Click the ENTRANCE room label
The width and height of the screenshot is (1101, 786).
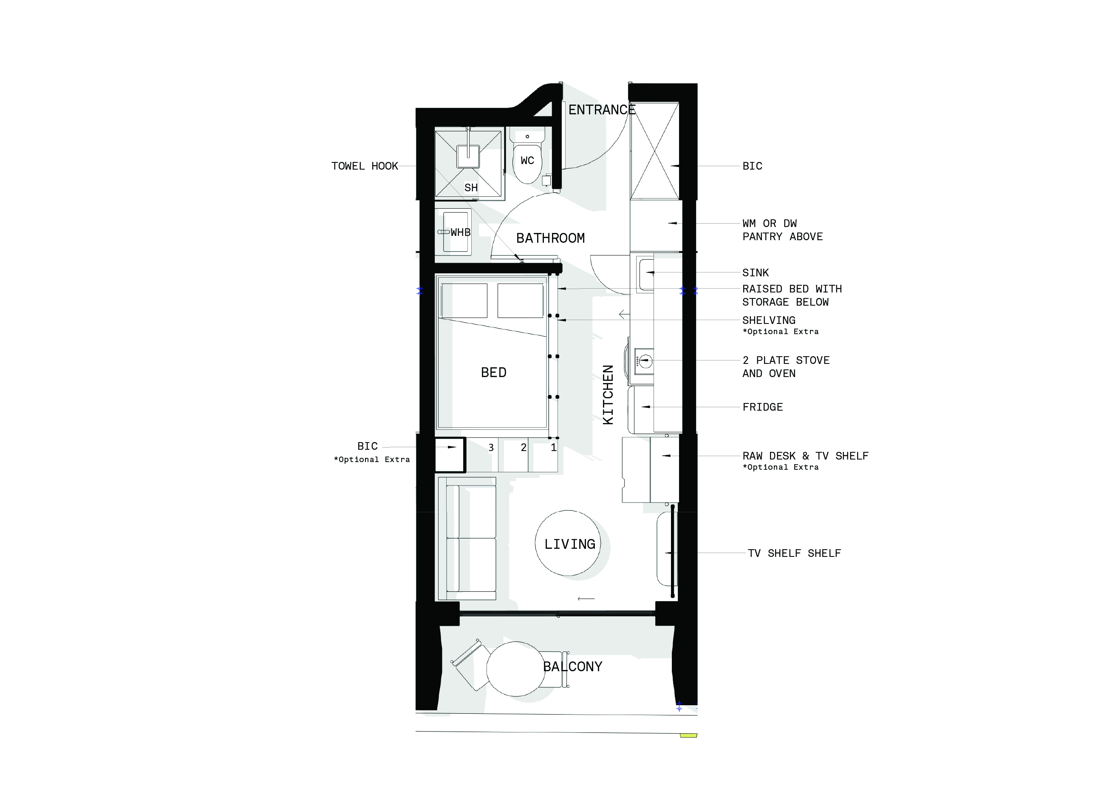602,110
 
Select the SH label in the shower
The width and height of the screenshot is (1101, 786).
471,188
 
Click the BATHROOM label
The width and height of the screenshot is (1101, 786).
551,238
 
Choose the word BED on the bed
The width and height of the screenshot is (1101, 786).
493,372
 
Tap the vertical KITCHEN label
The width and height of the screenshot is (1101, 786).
608,395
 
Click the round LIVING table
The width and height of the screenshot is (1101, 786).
568,543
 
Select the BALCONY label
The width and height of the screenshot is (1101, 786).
573,667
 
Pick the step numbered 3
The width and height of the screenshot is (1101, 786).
491,448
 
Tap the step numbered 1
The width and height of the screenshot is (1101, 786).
553,448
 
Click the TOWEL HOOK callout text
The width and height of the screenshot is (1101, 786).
365,166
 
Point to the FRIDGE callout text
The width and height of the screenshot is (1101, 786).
762,407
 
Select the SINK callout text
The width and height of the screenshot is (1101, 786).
756,272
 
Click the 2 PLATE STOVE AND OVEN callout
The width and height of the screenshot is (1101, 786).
786,367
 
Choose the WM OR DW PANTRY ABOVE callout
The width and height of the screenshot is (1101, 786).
783,230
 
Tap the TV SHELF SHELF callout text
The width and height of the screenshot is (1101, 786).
794,553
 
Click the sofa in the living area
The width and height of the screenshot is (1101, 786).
467,539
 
